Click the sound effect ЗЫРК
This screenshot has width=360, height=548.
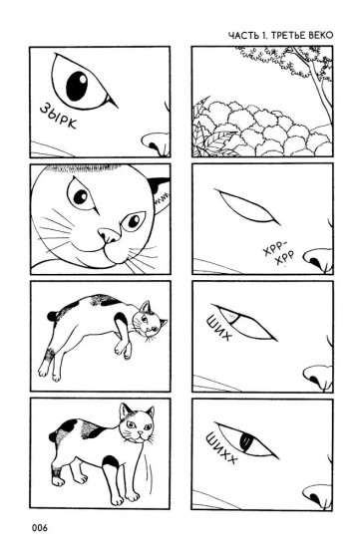(x=62, y=113)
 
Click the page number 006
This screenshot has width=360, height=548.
(x=39, y=526)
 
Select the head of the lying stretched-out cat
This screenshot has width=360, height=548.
(x=148, y=318)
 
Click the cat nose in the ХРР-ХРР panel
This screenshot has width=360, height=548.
(x=314, y=261)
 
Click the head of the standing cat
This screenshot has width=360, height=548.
(x=135, y=425)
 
